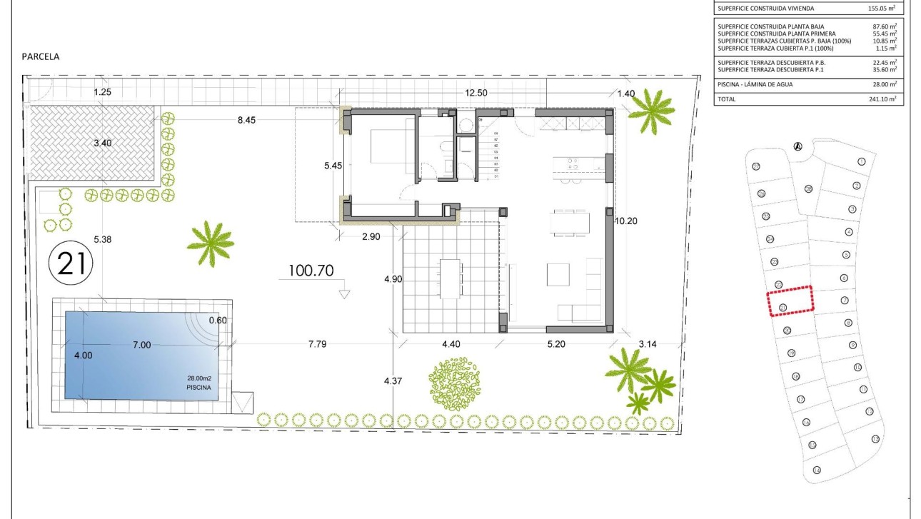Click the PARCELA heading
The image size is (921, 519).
tap(41, 56)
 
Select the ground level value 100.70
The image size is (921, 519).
tap(311, 271)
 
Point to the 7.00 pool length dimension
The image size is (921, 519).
tap(141, 345)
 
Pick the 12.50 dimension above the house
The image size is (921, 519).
tap(476, 93)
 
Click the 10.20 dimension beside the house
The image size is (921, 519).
tap(626, 221)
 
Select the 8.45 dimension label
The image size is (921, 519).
tap(246, 120)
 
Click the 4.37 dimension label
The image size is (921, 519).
tap(393, 381)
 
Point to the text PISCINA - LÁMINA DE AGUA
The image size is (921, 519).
tap(755, 84)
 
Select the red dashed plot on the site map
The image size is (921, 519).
tap(790, 301)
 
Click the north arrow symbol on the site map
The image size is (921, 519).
tap(798, 146)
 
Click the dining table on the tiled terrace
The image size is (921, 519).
tap(451, 278)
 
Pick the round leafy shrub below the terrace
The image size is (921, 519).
tap(455, 384)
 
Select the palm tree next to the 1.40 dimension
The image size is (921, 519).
tap(651, 110)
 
